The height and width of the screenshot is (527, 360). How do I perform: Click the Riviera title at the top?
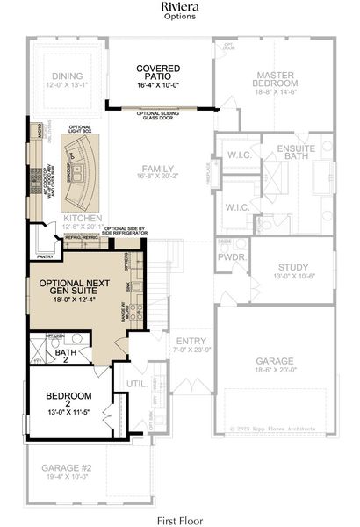180,7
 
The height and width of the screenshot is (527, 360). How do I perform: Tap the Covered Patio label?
159,74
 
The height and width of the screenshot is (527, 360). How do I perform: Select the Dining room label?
67,76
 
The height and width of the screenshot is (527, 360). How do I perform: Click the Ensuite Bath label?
295,153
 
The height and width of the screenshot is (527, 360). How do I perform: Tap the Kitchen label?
83,218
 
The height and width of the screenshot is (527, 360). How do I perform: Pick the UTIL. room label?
135,384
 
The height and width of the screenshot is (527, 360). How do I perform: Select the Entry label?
191,341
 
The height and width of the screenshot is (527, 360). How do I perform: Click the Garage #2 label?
66,469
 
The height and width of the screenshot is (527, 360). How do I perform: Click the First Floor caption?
180,518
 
